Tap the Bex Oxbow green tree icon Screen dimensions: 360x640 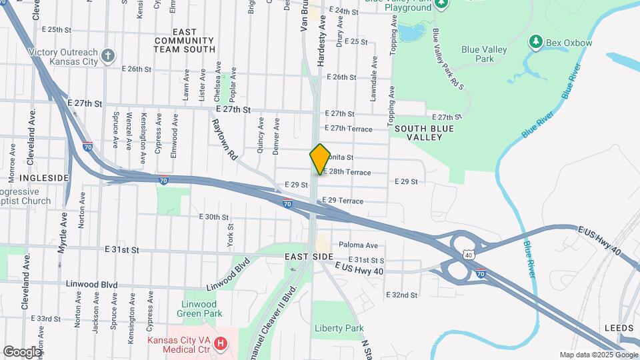535,43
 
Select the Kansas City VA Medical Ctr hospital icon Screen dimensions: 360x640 221,345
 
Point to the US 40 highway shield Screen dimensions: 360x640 469,255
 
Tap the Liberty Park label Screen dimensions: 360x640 339,328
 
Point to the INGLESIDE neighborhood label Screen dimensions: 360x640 43,178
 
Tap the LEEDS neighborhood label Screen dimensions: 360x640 619,328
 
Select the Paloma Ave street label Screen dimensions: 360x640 358,245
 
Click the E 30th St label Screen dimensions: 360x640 214,217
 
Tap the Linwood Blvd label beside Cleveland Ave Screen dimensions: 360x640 91,284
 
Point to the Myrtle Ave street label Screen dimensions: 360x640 64,232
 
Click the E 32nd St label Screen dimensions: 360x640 402,295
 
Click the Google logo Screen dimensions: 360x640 22,351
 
